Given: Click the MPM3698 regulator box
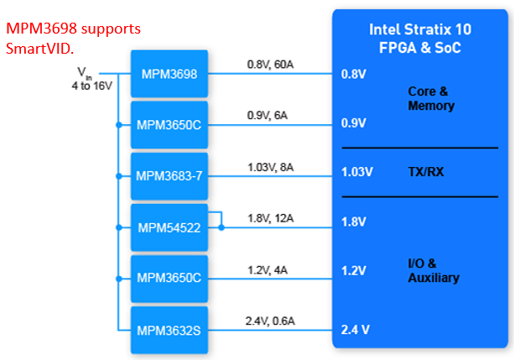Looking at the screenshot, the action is pos(169,74).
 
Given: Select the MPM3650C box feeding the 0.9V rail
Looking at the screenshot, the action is pos(169,125).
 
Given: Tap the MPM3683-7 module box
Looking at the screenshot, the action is pos(169,176).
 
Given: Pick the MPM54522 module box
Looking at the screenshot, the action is pos(169,227).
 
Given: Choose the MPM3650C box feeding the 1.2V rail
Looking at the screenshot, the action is pos(169,279).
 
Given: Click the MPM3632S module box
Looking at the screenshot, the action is pos(169,330).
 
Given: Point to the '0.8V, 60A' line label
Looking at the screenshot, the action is pos(271,65).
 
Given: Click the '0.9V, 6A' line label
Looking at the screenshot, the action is pos(267,116).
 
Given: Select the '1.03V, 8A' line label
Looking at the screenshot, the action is pos(271,167).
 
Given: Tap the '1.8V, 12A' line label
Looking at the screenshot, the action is pos(271,218).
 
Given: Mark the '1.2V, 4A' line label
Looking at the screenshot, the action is pos(267,270).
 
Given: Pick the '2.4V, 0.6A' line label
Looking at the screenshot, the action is pos(271,321).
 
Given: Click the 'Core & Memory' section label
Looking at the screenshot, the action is pos(431,98).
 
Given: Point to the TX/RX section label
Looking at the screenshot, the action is pos(426,172).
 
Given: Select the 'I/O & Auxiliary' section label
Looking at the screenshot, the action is pos(434,271).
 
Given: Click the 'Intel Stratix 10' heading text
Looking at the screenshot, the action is pos(420,29).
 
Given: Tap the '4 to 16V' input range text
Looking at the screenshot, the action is pos(92,86).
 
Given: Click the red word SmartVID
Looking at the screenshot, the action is pos(39,49).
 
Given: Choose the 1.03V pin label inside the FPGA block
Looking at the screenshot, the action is pos(357,172).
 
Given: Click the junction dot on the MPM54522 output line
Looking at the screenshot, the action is pos(221,227).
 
